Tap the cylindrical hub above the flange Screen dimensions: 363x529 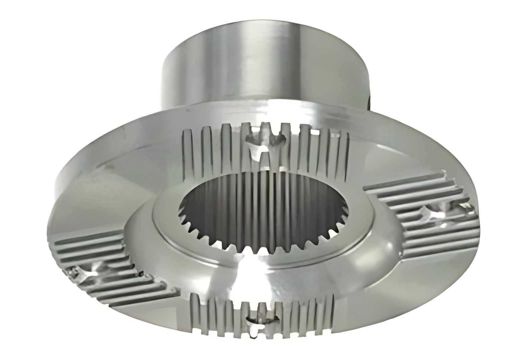pos(264,67)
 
